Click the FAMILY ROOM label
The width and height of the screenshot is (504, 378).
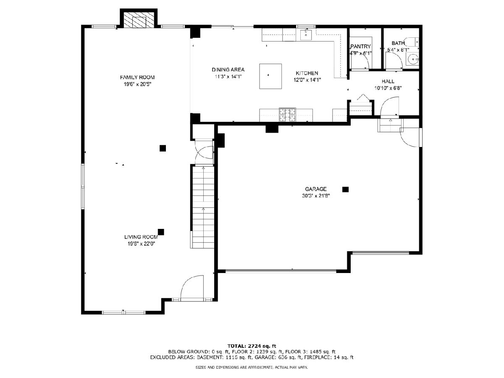[x=137, y=77]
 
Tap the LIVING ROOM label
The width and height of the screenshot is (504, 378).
[x=141, y=237]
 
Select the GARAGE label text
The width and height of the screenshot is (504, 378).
[x=316, y=189]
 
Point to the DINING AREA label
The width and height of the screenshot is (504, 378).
[x=228, y=70]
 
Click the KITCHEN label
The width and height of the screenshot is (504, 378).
[x=307, y=73]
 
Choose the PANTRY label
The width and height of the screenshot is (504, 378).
[x=360, y=46]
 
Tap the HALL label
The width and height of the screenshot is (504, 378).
[x=388, y=81]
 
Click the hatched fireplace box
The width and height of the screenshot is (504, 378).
[x=139, y=20]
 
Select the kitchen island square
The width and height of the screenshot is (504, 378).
[x=270, y=76]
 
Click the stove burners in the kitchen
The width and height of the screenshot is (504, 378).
[x=287, y=115]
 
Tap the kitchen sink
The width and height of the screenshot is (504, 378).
[x=306, y=35]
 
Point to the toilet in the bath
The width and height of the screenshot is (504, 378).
[x=412, y=42]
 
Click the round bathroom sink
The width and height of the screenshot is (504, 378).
[x=412, y=59]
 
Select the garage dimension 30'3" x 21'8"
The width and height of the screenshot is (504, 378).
[x=316, y=196]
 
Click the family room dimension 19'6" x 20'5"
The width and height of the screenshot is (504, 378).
[x=137, y=84]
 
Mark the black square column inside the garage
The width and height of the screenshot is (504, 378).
[x=345, y=189]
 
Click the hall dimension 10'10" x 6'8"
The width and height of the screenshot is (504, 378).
[x=388, y=88]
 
